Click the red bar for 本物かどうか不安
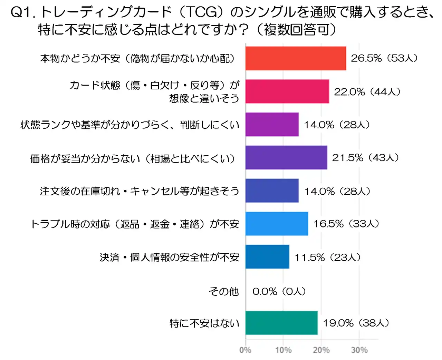[x=296, y=58]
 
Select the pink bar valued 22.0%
[x=287, y=91]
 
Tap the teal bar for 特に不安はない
[x=281, y=323]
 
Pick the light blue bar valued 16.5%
[x=277, y=224]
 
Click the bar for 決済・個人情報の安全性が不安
[x=267, y=257]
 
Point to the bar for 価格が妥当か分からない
[x=286, y=158]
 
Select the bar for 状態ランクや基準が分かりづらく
[x=272, y=125]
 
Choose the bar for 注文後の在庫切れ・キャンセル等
[x=272, y=191]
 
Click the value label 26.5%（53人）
[x=384, y=58]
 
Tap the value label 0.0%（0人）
[x=279, y=291]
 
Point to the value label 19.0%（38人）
[x=356, y=323]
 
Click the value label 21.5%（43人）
[x=365, y=158]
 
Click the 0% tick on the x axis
[x=245, y=350]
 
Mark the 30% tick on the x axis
[x=359, y=350]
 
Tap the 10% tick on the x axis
[x=283, y=350]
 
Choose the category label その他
[x=223, y=291]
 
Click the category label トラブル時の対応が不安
[x=135, y=224]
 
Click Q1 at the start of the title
[x=22, y=13]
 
